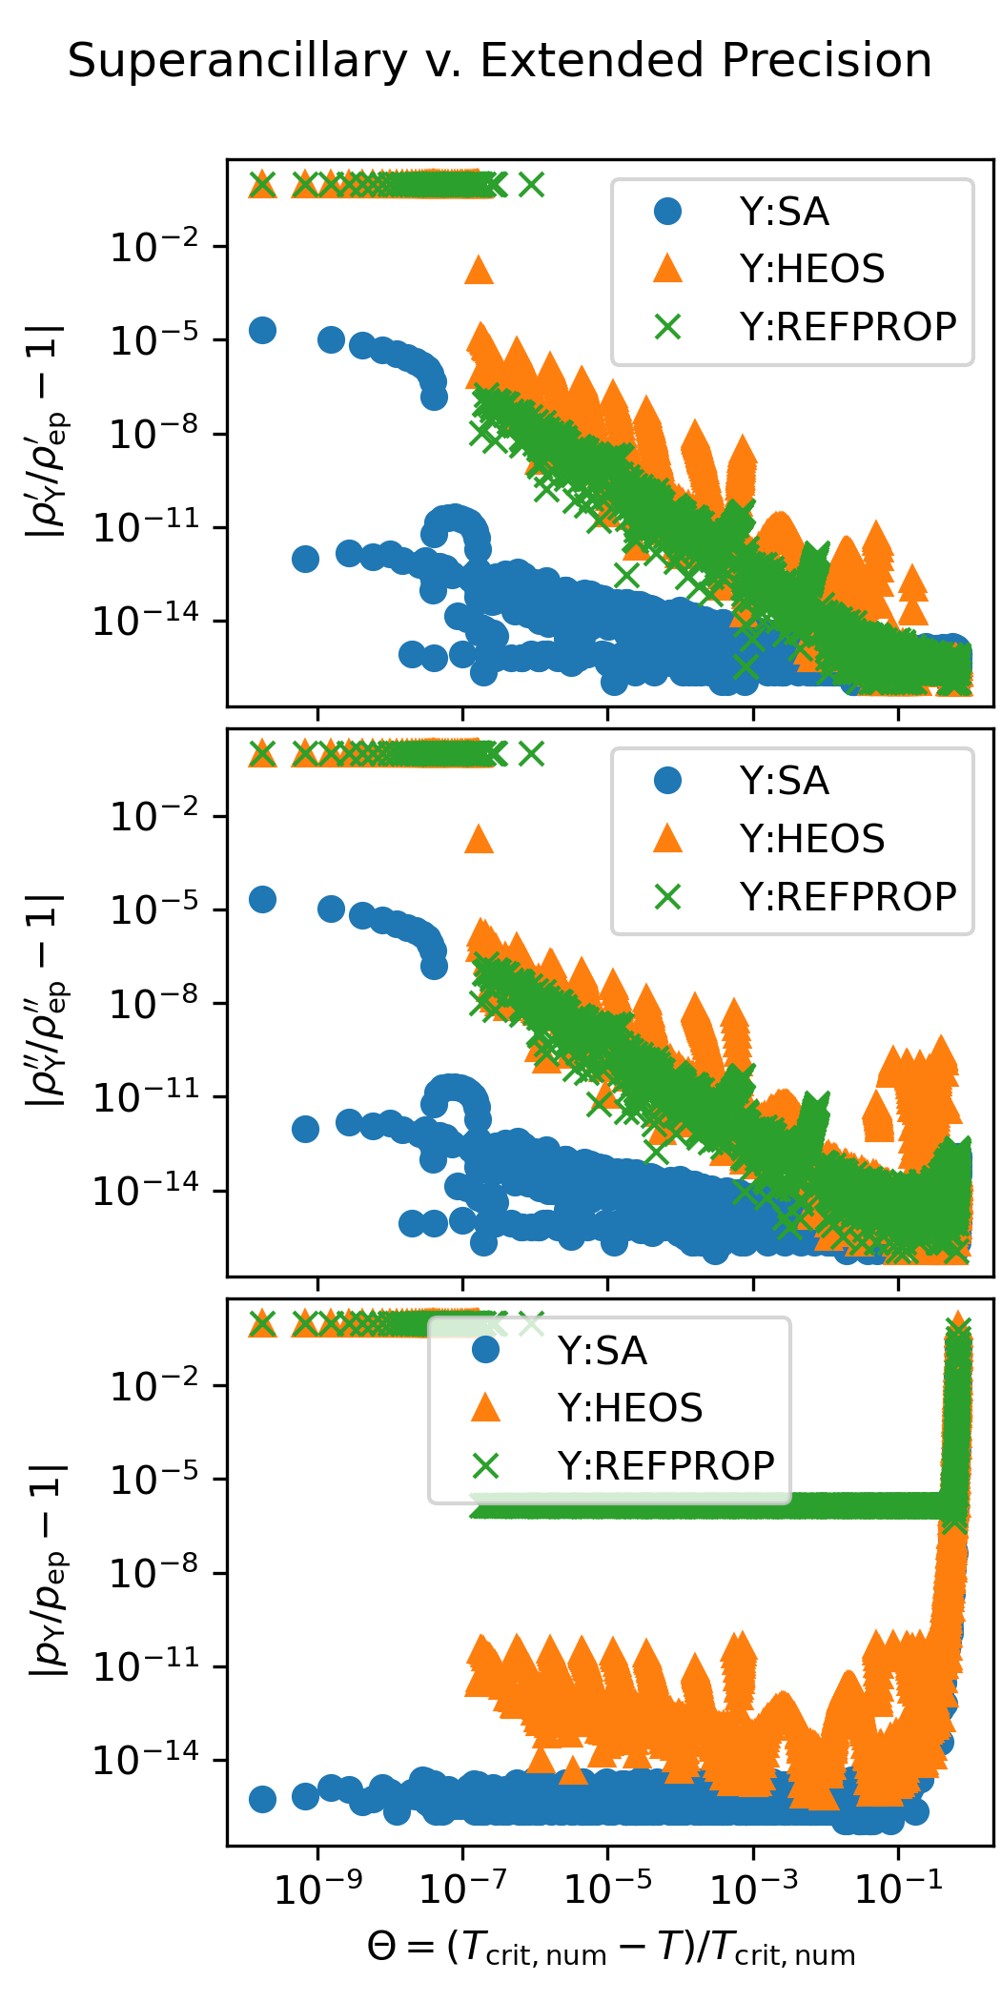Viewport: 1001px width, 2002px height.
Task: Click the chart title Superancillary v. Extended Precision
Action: click(500, 61)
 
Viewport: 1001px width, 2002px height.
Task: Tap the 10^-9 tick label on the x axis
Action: click(317, 1889)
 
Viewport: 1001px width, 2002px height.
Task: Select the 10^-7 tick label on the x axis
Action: click(463, 1889)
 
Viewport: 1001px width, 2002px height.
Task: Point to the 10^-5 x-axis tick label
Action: click(608, 1889)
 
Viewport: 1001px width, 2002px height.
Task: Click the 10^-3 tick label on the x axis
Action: click(753, 1889)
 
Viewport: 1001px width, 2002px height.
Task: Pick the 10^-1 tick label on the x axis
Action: click(898, 1889)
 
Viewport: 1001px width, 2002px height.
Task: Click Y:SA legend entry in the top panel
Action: click(784, 212)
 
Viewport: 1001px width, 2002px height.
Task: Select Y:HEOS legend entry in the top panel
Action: click(811, 269)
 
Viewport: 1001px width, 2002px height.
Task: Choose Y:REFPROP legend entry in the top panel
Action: click(848, 327)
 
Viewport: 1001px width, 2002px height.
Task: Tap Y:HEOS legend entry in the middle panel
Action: click(811, 839)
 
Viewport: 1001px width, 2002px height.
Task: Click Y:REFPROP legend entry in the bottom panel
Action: click(665, 1466)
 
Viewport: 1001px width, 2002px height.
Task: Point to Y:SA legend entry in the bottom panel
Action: click(602, 1351)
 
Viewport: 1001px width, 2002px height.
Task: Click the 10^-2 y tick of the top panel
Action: click(154, 247)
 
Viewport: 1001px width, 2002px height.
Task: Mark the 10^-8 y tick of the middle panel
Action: click(154, 1003)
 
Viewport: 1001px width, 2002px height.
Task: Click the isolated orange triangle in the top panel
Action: click(479, 271)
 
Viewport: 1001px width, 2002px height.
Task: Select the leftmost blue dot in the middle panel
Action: click(262, 899)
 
